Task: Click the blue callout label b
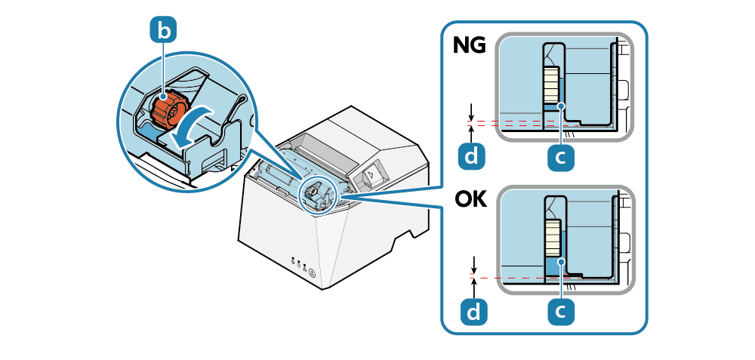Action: click(x=164, y=31)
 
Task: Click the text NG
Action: click(x=470, y=46)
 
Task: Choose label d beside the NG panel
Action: click(x=471, y=156)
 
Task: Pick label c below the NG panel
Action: click(x=561, y=157)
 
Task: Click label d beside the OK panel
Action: click(x=474, y=312)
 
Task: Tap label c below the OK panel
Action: click(x=561, y=312)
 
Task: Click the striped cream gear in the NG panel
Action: click(x=552, y=85)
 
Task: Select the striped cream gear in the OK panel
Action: click(x=552, y=238)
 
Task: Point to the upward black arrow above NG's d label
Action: click(x=472, y=134)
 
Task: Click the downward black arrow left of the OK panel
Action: click(x=475, y=264)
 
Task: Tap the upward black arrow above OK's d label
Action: click(x=475, y=288)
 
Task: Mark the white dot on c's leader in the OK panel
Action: click(x=560, y=260)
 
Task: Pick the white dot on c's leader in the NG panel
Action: click(x=560, y=106)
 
